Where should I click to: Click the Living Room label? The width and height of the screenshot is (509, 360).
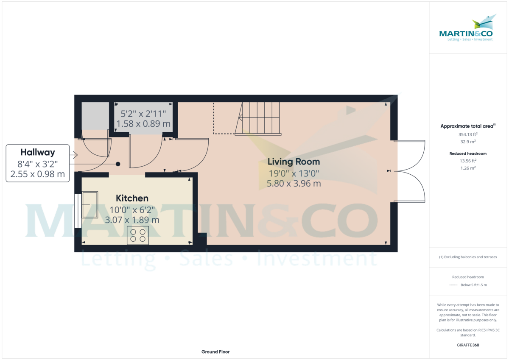pyautogui.click(x=294, y=162)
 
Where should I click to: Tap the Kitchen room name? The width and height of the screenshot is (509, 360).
pyautogui.click(x=132, y=198)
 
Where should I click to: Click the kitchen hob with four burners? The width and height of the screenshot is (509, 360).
pyautogui.click(x=138, y=235)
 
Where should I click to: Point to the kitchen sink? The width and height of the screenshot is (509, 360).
pyautogui.click(x=90, y=205)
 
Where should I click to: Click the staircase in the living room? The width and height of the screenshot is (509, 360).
pyautogui.click(x=259, y=118)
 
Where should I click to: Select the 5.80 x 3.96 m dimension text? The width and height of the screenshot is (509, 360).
pyautogui.click(x=294, y=184)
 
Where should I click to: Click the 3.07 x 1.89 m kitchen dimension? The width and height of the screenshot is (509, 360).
pyautogui.click(x=132, y=220)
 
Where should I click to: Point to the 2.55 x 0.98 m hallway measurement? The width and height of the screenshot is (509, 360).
pyautogui.click(x=38, y=173)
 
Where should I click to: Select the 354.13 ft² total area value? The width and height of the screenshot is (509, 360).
pyautogui.click(x=468, y=134)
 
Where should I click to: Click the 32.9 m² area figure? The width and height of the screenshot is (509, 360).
pyautogui.click(x=468, y=142)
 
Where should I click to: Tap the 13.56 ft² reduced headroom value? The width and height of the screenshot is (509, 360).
pyautogui.click(x=468, y=161)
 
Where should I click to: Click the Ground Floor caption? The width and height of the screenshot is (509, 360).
pyautogui.click(x=215, y=352)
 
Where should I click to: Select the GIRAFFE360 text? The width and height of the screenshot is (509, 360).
pyautogui.click(x=468, y=345)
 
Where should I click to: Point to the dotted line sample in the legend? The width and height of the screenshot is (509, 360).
pyautogui.click(x=454, y=285)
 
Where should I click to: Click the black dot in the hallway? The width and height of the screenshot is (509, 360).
pyautogui.click(x=118, y=164)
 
